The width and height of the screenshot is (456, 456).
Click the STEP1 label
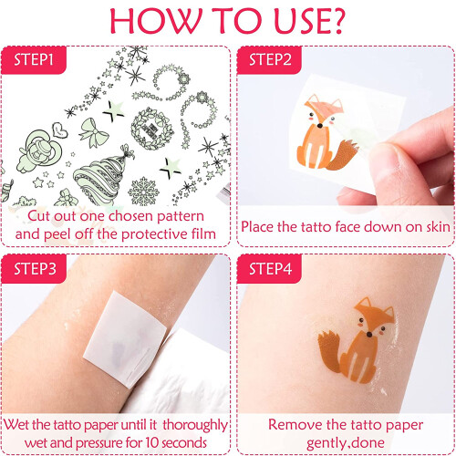(x=34, y=59)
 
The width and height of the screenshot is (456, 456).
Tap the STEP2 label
(x=270, y=59)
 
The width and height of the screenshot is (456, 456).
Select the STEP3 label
(x=35, y=269)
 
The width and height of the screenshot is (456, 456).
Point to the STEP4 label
(x=270, y=269)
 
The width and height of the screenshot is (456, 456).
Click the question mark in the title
(x=336, y=21)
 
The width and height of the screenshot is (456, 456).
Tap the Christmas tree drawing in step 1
(x=104, y=178)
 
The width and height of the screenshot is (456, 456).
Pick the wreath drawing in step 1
(x=152, y=129)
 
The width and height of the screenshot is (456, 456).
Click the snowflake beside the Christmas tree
(x=143, y=192)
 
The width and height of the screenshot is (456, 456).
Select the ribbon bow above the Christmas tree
(x=94, y=134)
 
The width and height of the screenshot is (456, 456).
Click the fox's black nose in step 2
(x=319, y=125)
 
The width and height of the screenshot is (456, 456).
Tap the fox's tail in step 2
(x=342, y=155)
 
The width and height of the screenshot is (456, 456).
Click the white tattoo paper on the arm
(x=125, y=339)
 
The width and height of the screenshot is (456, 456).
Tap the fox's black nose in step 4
(x=369, y=335)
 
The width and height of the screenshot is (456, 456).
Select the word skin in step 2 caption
(x=438, y=227)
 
